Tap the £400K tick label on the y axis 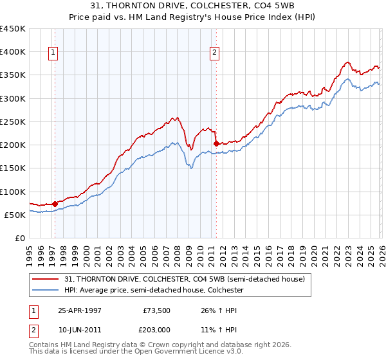13,52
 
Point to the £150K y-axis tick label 13,168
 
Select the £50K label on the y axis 15,215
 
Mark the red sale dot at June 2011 216,143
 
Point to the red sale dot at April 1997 55,204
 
